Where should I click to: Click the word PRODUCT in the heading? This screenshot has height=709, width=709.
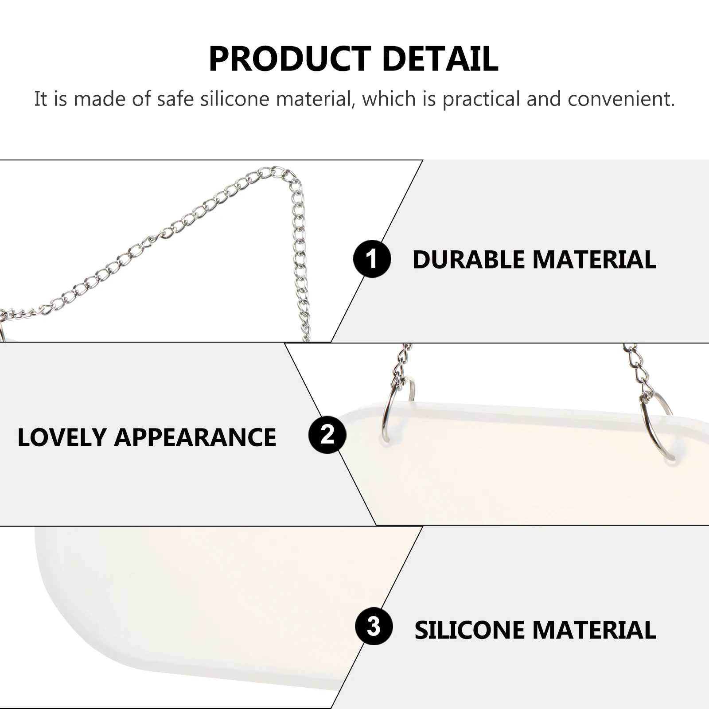(290, 59)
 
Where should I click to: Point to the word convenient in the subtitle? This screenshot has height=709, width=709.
(621, 99)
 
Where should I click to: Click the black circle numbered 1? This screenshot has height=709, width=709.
(372, 259)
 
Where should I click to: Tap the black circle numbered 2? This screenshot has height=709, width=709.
(327, 435)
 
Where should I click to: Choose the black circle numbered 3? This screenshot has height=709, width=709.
(374, 626)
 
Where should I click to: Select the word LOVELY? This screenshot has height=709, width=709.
(62, 437)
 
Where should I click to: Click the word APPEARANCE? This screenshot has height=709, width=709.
(195, 437)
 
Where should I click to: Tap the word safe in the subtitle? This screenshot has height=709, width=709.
(175, 99)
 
